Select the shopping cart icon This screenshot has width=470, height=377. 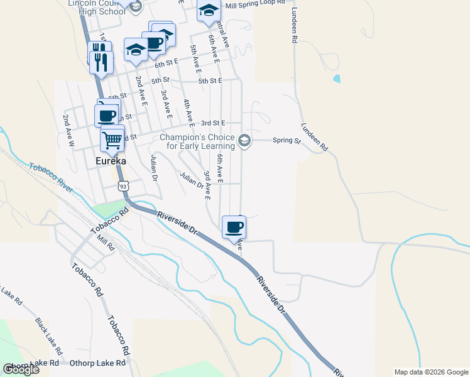coord(112,138)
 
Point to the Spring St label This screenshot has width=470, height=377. coord(287,141)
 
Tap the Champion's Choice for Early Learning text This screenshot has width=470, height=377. coord(197,141)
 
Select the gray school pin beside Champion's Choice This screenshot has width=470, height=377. coord(245,141)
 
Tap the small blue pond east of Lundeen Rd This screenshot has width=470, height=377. coord(337,79)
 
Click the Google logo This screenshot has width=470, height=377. coord(21,369)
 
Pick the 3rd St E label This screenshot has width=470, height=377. coord(212,123)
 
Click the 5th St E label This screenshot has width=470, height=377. coord(210,81)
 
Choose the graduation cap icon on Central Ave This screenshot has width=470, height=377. coord(209,10)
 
